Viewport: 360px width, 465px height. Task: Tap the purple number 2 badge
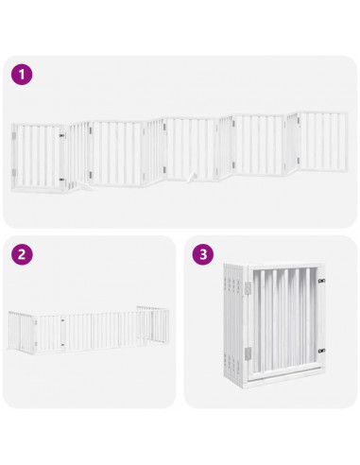pos(20,254)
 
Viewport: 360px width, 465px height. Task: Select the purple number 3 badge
pos(201,254)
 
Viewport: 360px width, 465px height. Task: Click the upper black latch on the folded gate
pos(322,281)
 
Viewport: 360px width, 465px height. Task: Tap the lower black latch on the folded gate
pos(322,354)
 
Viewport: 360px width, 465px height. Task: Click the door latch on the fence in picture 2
pos(62,323)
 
